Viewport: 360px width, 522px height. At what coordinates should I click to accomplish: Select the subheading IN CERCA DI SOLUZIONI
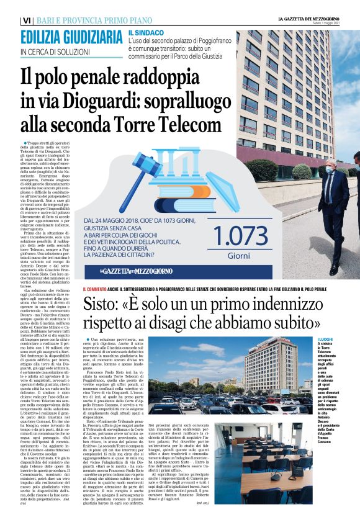(52, 52)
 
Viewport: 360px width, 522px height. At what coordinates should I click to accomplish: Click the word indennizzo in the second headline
(271, 306)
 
